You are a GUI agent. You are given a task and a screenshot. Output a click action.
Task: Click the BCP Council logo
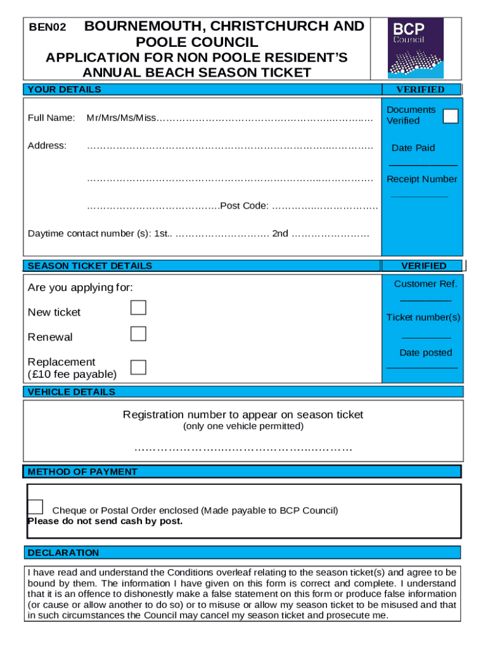415,48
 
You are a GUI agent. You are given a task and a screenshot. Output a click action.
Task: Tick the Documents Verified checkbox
451,117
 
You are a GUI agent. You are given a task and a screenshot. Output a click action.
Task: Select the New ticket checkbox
138,308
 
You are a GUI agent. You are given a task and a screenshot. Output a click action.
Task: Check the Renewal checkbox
138,334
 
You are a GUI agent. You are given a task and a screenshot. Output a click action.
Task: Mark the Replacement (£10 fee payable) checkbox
138,367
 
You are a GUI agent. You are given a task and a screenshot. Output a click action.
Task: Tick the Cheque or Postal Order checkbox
35,506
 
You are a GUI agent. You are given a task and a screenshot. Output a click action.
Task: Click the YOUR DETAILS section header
64,89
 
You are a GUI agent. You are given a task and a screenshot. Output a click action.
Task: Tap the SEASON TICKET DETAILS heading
90,266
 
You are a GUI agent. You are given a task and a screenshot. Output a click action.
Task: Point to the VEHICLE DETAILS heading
72,392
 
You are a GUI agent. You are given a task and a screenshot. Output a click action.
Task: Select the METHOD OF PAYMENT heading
82,472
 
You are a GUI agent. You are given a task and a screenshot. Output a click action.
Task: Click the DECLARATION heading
63,553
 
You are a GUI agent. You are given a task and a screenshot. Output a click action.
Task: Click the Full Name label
51,118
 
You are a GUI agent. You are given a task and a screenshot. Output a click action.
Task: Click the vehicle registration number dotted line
243,449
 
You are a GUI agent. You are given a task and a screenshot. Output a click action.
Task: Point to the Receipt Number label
421,179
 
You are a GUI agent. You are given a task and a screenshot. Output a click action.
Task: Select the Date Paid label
413,148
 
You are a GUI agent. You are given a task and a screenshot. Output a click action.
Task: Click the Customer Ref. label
425,284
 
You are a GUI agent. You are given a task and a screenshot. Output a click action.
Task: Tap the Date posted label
425,352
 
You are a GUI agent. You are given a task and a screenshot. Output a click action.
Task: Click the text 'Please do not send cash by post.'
105,521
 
